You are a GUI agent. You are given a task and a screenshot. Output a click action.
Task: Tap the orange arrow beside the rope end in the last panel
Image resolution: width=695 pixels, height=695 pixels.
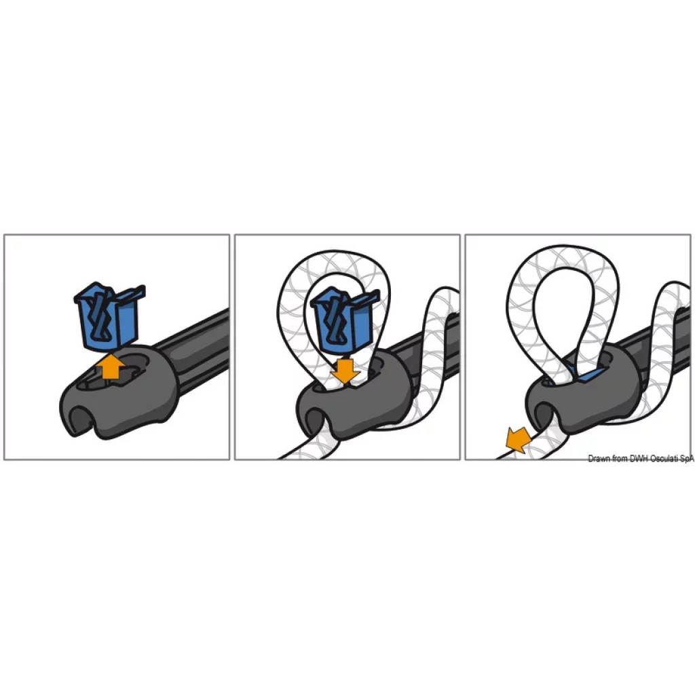(x=519, y=440)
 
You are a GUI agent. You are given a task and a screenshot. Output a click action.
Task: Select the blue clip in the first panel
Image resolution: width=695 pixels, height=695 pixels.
(x=109, y=315)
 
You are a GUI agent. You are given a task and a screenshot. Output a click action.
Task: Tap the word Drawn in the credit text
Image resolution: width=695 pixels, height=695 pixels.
(x=599, y=459)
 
